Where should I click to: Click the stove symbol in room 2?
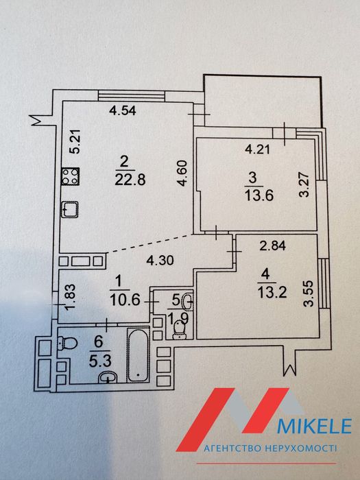(70, 176)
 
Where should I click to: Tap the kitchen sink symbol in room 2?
(70, 209)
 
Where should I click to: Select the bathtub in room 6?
(138, 355)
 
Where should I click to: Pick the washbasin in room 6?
(108, 377)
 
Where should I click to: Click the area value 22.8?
(130, 180)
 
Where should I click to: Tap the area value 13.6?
(259, 195)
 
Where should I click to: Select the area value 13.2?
(272, 292)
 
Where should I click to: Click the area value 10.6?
(125, 300)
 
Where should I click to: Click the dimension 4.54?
(123, 110)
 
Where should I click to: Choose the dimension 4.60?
(183, 173)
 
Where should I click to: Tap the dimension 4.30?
(160, 261)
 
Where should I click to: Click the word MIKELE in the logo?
(314, 426)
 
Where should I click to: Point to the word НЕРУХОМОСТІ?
(300, 448)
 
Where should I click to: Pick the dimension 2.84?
(273, 245)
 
